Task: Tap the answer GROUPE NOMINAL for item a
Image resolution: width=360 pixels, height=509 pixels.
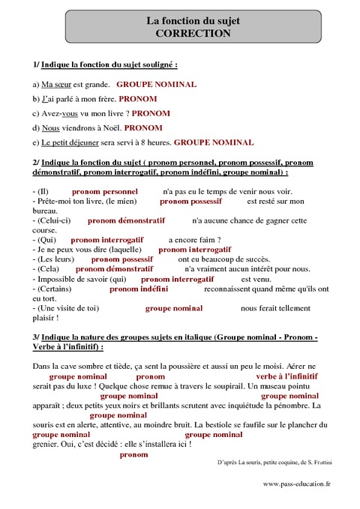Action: point(157,85)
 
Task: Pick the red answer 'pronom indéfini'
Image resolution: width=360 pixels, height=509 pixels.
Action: point(139,288)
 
